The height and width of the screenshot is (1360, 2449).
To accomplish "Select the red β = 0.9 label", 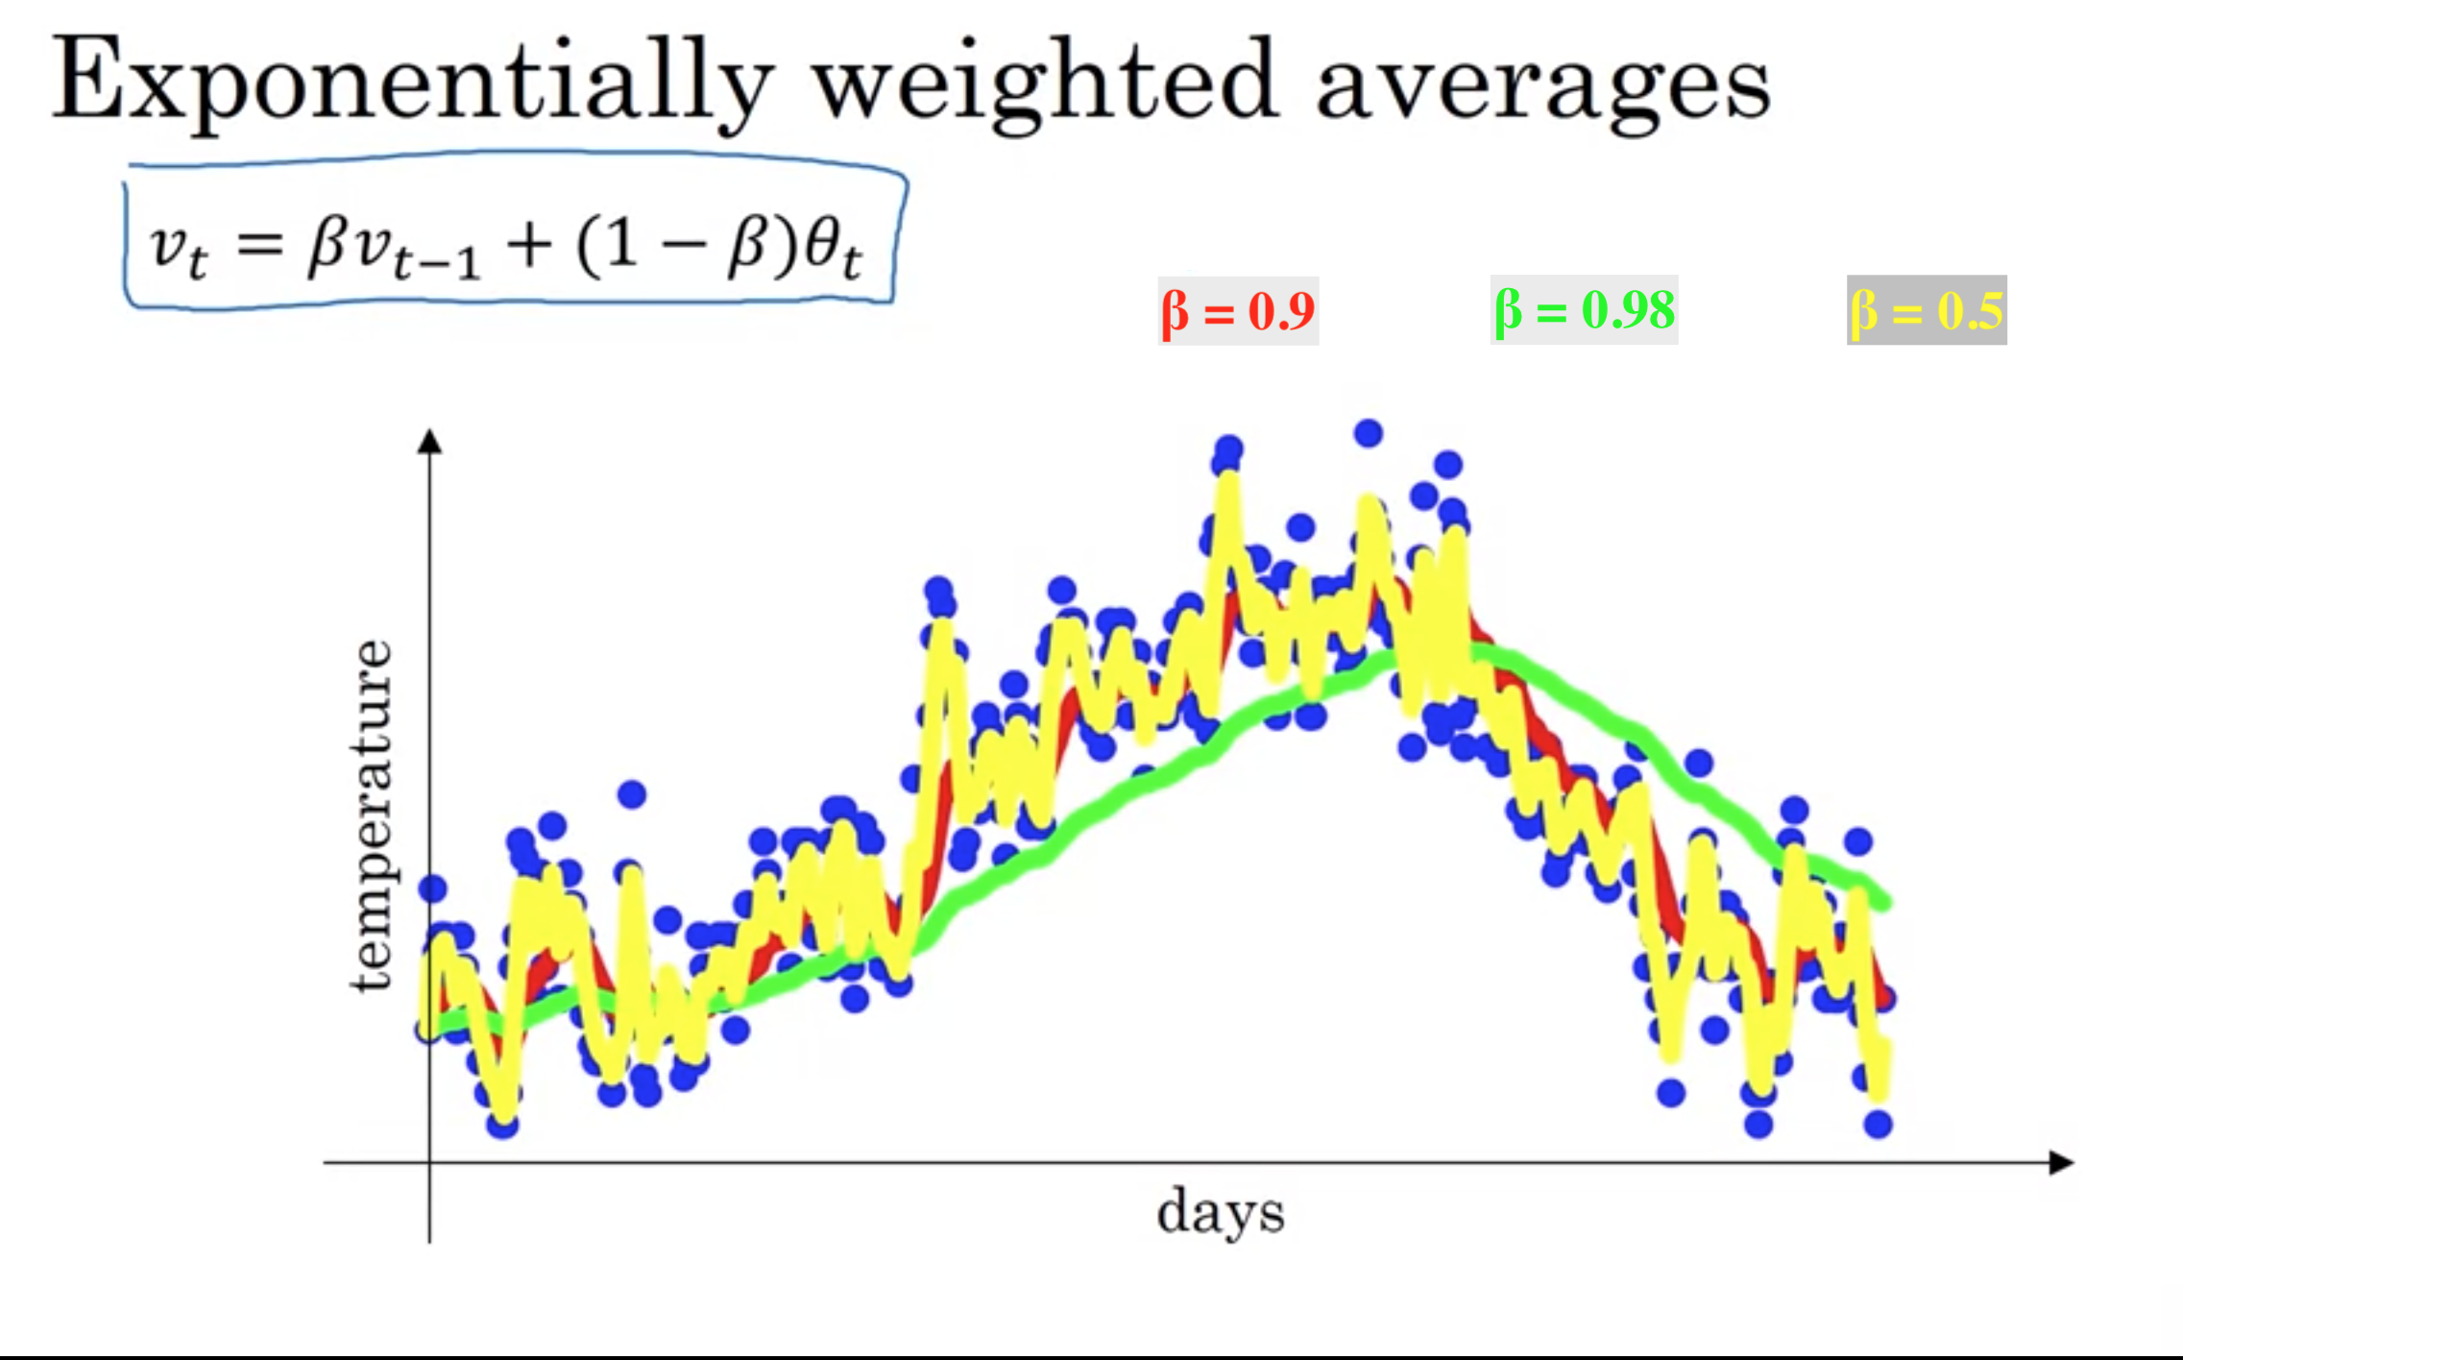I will tap(1238, 310).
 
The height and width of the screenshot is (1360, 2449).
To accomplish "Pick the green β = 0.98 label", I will tap(1584, 309).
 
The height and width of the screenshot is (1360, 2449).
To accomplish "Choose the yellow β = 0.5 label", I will tap(1927, 310).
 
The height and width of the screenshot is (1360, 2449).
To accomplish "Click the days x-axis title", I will tap(1220, 1212).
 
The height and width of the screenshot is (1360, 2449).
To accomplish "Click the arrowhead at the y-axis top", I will tap(430, 441).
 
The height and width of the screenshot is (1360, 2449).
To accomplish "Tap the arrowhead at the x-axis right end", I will tap(2061, 1162).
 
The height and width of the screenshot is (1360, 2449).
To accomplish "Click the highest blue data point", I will tap(1369, 433).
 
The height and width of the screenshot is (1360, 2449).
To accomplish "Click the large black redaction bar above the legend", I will tap(1649, 209).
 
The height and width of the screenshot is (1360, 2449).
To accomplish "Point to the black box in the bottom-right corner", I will tap(2316, 1315).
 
